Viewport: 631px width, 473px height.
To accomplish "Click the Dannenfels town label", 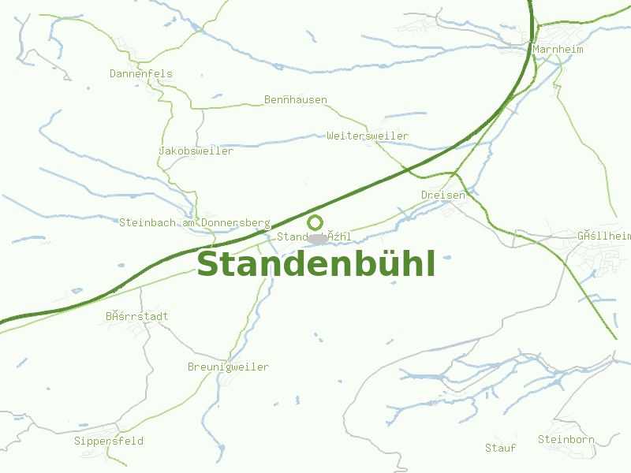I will tap(140, 74).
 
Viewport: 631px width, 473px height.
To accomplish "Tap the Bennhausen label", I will tap(296, 100).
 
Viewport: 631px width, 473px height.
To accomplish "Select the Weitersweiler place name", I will tap(368, 136).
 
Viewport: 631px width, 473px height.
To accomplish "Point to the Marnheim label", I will tap(558, 49).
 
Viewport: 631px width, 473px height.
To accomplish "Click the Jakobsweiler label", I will tap(196, 151).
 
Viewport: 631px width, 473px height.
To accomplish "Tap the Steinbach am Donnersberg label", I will tap(195, 223).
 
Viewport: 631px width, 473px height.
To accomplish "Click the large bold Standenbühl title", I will tap(315, 264).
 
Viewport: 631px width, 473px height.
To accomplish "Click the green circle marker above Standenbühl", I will tap(315, 222).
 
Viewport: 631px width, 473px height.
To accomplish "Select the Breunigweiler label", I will tap(228, 367).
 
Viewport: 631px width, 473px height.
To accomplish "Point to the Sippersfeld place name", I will tap(109, 441).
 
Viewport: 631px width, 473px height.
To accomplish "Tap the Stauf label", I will tap(500, 448).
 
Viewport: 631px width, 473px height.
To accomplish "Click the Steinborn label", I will tap(566, 439).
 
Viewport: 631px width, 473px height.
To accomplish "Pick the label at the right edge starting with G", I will tap(605, 236).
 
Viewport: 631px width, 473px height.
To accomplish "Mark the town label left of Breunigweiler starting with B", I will tap(137, 317).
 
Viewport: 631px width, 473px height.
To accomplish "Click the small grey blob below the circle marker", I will tap(317, 238).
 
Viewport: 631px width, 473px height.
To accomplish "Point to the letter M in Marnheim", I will tap(536, 49).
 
